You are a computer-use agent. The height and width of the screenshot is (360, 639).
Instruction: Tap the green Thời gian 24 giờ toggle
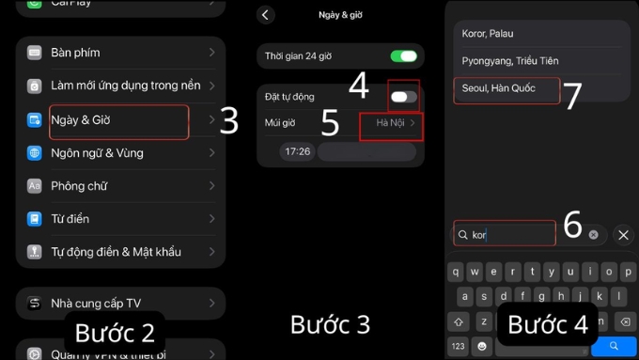404,56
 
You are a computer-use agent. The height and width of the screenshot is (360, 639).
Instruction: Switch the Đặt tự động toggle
404,97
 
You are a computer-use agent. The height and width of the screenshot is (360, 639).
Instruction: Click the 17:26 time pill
298,151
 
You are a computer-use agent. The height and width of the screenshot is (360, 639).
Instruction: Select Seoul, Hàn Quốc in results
499,88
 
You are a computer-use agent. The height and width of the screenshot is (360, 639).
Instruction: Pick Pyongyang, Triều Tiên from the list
510,61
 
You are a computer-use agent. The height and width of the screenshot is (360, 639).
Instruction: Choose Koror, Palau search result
488,34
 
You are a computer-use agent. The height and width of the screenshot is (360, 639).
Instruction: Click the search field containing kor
505,235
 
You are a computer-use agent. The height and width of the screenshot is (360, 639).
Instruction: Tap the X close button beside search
623,235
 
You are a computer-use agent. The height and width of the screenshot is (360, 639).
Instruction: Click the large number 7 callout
572,96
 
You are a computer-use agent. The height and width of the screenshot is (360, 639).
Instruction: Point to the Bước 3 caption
330,325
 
